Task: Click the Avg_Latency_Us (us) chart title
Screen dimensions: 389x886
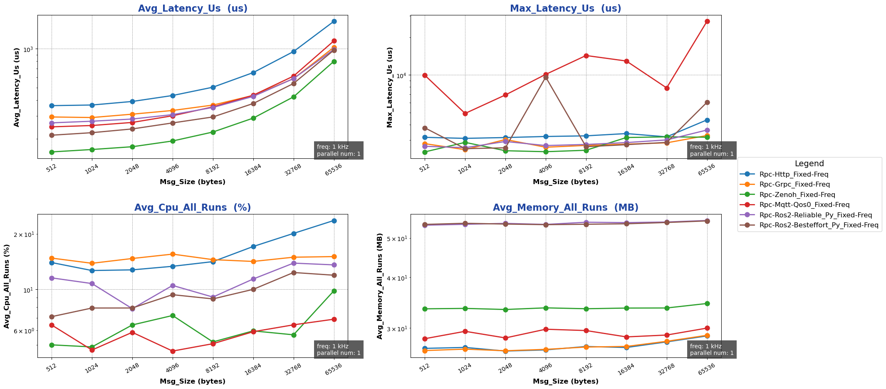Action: tap(193, 8)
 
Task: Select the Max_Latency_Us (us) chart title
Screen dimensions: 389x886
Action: tap(565, 8)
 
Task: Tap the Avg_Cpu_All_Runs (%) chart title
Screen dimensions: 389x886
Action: tap(193, 208)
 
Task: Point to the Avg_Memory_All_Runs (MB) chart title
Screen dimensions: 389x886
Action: tap(565, 208)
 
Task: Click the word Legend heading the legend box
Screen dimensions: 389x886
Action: tap(809, 164)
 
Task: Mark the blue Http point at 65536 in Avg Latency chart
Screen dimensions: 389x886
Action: tap(334, 21)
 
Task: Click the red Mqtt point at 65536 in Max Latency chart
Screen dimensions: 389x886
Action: tap(707, 21)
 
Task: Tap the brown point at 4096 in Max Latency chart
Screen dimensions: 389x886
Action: tap(546, 77)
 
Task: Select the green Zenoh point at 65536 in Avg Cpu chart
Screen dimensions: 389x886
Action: tap(334, 291)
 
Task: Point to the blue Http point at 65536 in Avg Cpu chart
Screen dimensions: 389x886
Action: tap(334, 221)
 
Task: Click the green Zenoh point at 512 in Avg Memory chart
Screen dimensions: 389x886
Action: tap(425, 309)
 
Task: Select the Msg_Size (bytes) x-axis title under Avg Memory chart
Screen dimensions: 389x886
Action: tap(565, 381)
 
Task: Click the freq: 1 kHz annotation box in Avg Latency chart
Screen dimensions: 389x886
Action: tap(339, 150)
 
